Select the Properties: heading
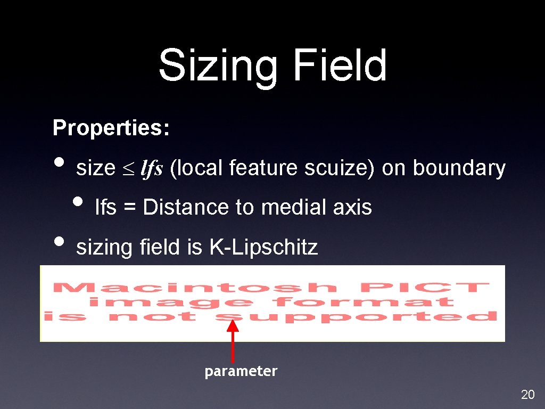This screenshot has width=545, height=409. [111, 128]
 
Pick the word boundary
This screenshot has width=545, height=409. [459, 168]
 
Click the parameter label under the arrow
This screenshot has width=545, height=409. [241, 371]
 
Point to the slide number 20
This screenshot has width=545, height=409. [527, 395]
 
